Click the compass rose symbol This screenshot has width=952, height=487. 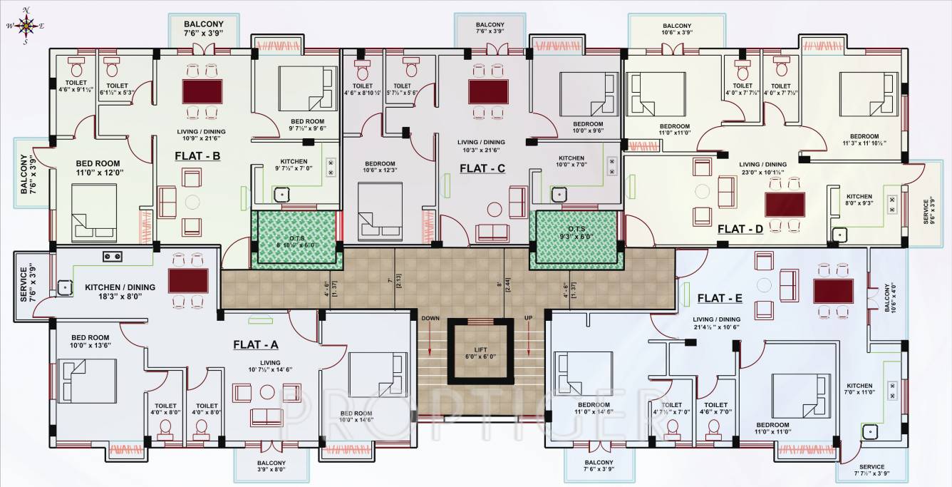coord(26,26)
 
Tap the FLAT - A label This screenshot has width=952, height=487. coord(256,344)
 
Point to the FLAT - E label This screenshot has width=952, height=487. coord(720,298)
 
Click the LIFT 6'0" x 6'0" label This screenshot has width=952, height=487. coord(480,352)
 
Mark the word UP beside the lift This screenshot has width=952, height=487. coord(529,317)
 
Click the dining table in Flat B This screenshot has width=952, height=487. coord(202,91)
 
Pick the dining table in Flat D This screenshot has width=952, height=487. coord(785,205)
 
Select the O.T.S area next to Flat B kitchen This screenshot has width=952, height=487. coord(296,240)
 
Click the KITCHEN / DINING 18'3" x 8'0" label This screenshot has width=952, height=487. coord(120,291)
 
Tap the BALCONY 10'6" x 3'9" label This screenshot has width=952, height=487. coord(676,29)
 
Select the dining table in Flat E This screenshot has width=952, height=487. coord(833,291)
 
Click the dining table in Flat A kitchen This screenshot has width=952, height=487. coord(188,280)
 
